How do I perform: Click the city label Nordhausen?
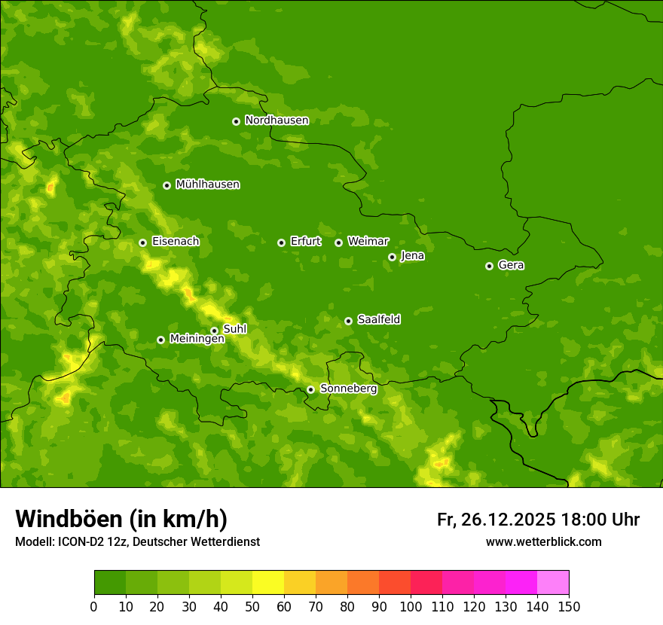(x=277, y=120)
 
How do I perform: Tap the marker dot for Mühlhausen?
(x=167, y=185)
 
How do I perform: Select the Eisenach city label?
(x=176, y=242)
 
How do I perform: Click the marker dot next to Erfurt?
(x=281, y=242)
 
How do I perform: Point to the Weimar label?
(x=368, y=242)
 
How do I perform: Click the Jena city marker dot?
(x=392, y=257)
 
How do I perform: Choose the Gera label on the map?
(x=511, y=265)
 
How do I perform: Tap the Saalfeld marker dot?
(x=348, y=321)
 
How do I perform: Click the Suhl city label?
(x=234, y=329)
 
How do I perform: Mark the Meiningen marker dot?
(x=160, y=340)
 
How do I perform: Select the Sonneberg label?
(x=348, y=389)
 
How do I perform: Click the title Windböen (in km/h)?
(x=121, y=519)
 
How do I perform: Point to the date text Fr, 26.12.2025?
(x=496, y=520)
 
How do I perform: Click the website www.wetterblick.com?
(x=543, y=541)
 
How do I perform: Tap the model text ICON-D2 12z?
(x=88, y=542)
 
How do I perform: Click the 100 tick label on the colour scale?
(x=411, y=606)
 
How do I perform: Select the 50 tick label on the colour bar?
(x=252, y=606)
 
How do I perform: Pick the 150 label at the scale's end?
(x=569, y=606)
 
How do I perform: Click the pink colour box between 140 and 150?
(x=553, y=583)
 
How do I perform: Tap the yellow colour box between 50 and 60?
(x=268, y=583)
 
